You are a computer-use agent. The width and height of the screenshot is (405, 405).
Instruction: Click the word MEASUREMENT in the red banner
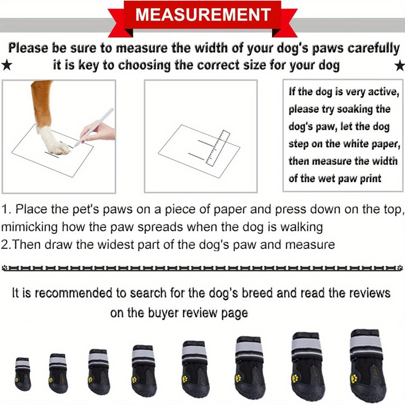pos(202,15)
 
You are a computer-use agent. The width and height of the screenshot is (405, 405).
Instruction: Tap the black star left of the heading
pos(6,66)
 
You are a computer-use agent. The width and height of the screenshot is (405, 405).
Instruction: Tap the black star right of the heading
pos(400,66)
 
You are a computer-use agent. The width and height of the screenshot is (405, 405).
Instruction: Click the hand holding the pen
pos(99,132)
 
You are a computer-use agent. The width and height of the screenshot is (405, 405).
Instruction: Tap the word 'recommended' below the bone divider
pos(73,293)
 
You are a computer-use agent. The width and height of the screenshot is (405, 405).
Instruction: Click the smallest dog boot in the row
pos(23,373)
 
